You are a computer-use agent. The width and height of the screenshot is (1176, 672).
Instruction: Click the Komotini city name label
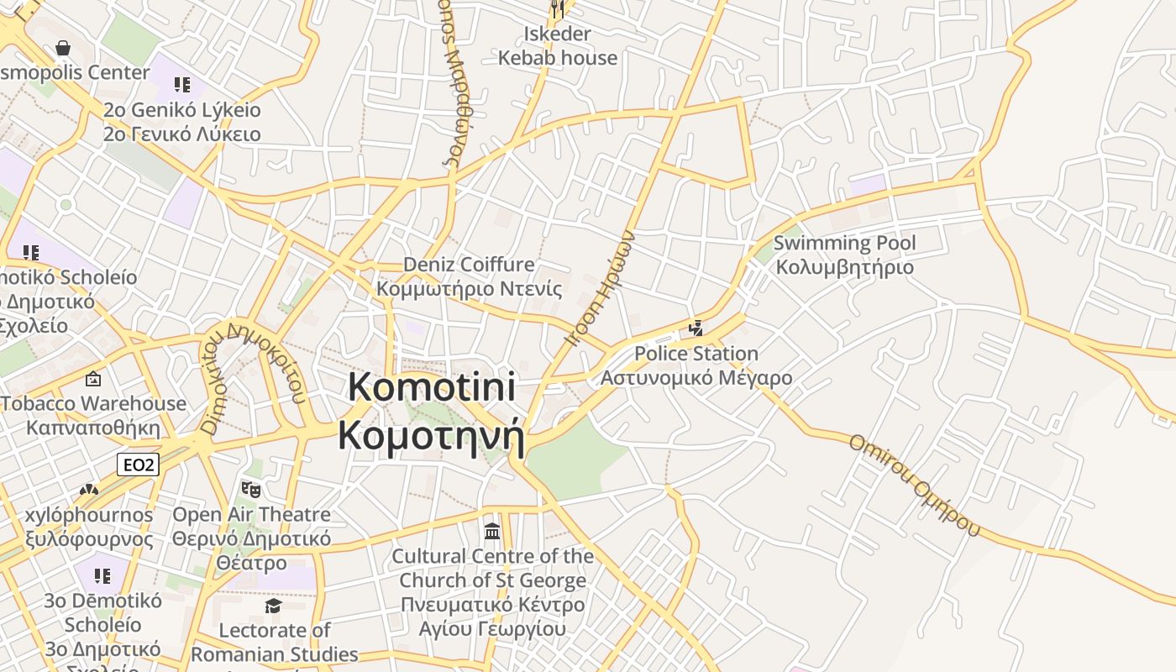(x=431, y=412)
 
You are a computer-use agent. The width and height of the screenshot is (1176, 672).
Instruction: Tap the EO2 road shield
(x=138, y=465)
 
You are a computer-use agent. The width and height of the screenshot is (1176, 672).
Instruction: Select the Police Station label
(x=696, y=365)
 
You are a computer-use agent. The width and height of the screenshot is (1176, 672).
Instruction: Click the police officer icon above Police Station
(x=696, y=328)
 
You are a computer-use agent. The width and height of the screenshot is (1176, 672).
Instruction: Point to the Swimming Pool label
(x=844, y=255)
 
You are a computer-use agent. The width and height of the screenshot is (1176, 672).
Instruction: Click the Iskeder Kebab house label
(x=558, y=46)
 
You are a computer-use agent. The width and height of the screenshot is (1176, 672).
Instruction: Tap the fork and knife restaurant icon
(x=558, y=9)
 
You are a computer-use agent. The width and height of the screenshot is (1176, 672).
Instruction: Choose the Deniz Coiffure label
(x=469, y=276)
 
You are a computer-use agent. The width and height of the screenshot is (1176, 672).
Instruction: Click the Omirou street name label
(x=914, y=484)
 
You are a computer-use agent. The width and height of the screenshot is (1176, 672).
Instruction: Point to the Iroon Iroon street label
(x=600, y=288)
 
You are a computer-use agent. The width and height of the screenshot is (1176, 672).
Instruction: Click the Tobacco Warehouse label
(x=93, y=415)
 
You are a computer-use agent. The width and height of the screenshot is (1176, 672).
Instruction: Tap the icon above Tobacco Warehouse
(x=93, y=380)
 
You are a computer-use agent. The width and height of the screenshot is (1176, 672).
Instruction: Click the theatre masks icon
(x=249, y=488)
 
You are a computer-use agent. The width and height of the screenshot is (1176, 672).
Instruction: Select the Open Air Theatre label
(x=251, y=538)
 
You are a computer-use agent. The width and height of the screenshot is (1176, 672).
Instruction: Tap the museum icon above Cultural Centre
(x=492, y=531)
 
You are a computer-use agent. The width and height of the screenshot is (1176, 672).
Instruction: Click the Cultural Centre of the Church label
(x=492, y=591)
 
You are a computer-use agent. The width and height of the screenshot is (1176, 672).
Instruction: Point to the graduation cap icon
(x=273, y=606)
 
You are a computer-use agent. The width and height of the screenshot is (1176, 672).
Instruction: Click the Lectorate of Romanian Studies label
(x=275, y=642)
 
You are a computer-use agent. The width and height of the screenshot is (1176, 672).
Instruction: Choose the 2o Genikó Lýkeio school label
(x=182, y=122)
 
